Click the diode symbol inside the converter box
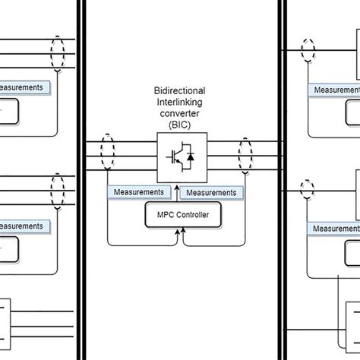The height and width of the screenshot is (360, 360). [190, 158]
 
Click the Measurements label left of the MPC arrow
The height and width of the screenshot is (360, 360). [139, 192]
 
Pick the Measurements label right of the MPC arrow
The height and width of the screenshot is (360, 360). [212, 192]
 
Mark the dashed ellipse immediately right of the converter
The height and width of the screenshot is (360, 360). [245, 158]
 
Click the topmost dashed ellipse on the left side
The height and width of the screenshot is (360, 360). [58, 54]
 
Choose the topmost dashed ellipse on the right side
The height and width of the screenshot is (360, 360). [308, 53]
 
